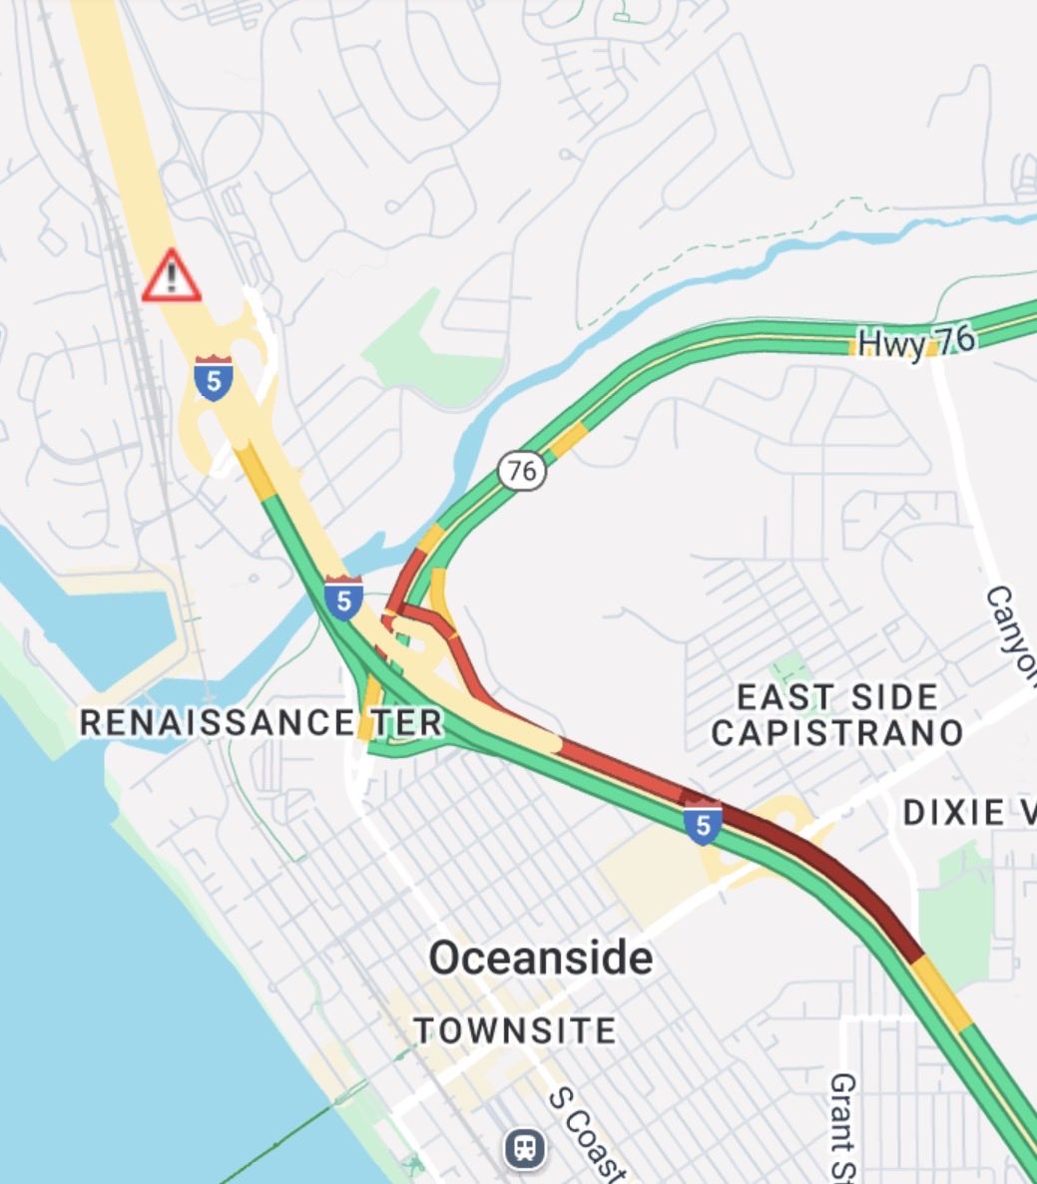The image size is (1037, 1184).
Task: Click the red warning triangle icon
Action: point(172,275)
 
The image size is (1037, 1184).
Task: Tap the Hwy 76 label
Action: point(915,341)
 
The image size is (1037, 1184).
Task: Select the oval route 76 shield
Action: point(522,469)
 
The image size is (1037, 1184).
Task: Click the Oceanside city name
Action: point(541,958)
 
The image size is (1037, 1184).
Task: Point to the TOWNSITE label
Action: point(515,1029)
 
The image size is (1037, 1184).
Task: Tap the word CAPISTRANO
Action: point(836,733)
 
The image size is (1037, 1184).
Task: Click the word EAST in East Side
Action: point(775,696)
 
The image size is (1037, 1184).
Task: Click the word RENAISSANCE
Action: point(217,722)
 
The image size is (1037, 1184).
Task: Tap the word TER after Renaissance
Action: point(406,722)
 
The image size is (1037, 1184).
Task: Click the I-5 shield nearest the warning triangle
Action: point(214,379)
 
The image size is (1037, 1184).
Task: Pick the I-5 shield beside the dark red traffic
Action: point(704,822)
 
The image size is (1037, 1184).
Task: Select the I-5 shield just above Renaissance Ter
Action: point(342,598)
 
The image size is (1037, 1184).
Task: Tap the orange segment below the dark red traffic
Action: point(940,993)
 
